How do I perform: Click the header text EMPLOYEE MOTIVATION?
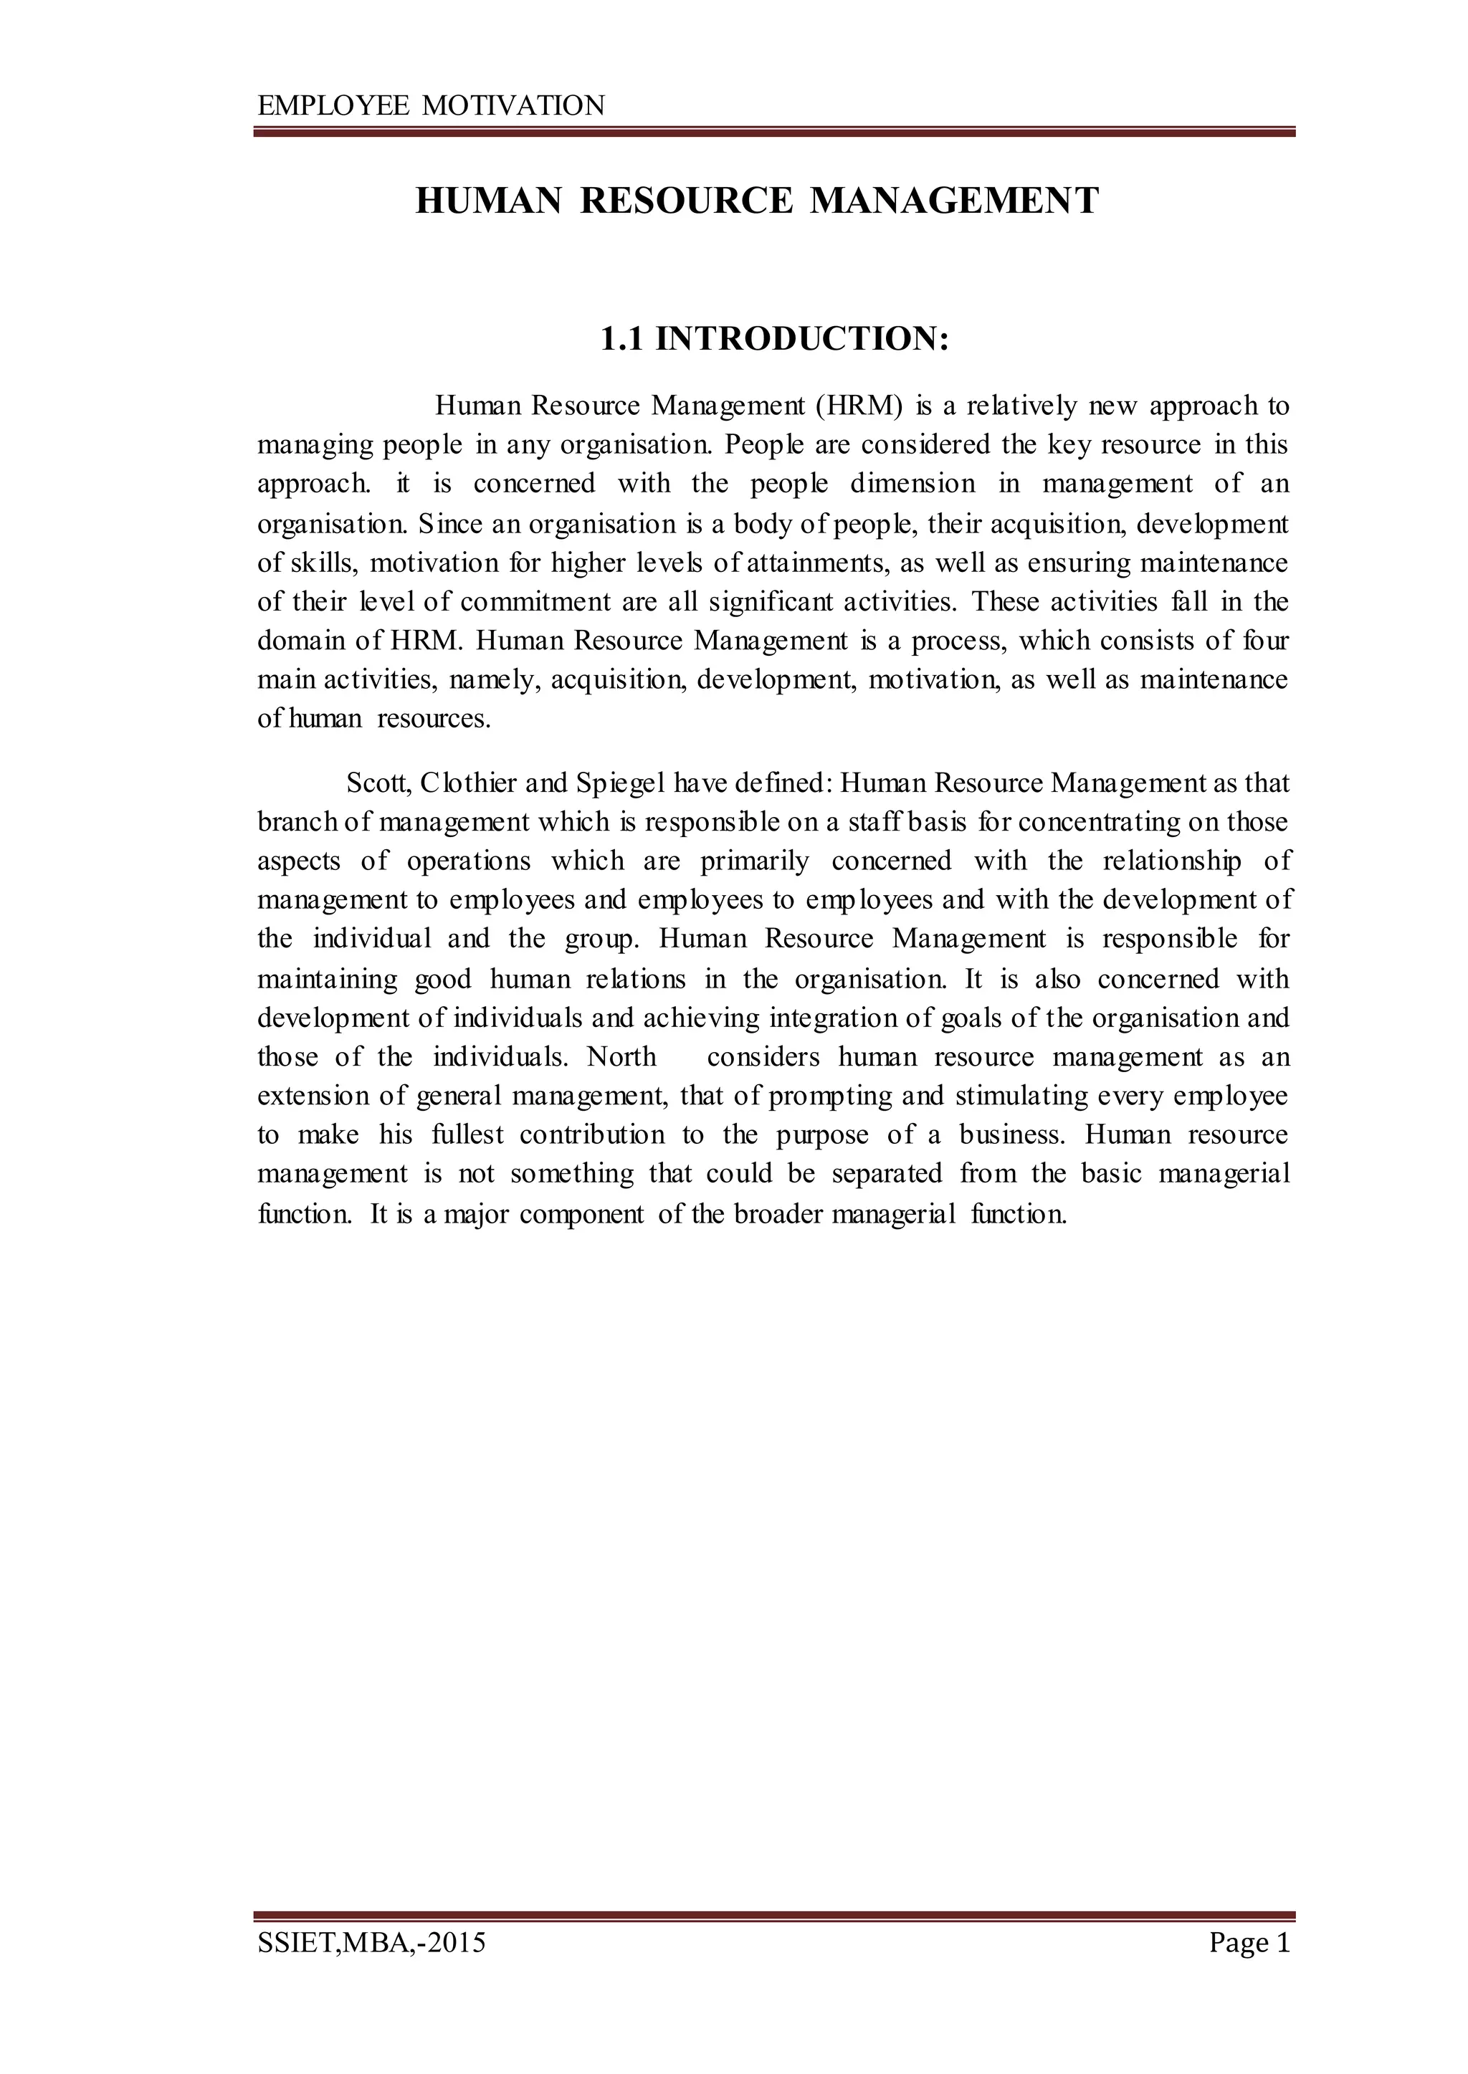tap(432, 107)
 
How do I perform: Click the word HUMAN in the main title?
tap(488, 201)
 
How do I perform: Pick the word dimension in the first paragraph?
tap(913, 484)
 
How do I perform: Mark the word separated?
tap(887, 1174)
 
